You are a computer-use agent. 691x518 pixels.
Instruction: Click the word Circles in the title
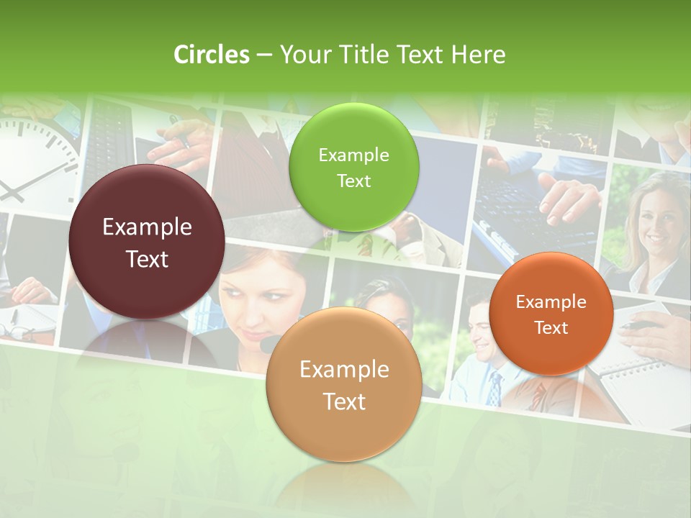coord(211,55)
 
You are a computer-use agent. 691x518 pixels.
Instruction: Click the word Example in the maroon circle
coord(147,227)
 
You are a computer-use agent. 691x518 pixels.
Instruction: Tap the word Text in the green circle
coord(353,181)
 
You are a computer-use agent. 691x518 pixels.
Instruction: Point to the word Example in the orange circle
coord(551,301)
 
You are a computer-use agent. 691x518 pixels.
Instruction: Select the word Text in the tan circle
coord(344,401)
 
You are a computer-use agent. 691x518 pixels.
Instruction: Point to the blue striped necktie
coord(494,388)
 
